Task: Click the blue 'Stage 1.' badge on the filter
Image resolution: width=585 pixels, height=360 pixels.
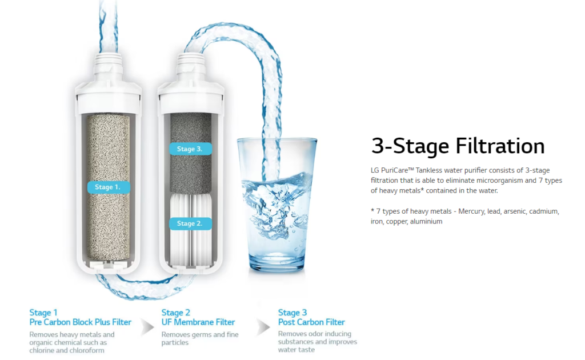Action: (x=109, y=187)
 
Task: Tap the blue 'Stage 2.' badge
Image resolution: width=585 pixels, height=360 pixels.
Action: (x=190, y=223)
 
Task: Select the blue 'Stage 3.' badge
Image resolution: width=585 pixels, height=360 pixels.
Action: (x=190, y=149)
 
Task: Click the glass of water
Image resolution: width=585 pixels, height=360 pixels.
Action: (x=277, y=204)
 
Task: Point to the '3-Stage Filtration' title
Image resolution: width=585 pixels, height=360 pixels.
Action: (x=458, y=146)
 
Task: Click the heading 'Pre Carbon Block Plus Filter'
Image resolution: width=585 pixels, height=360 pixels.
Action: (x=80, y=322)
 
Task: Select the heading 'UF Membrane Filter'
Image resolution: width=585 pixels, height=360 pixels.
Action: (x=198, y=322)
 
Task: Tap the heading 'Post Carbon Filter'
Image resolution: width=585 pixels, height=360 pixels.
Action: (x=311, y=322)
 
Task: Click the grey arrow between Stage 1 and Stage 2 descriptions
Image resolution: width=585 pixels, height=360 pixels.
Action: (x=147, y=327)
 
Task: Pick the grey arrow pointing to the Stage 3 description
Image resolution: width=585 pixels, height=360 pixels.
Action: (x=263, y=327)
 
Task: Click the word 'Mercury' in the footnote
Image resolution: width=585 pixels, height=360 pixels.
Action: (x=472, y=211)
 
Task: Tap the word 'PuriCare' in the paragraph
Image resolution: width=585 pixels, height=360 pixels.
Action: (x=394, y=170)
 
